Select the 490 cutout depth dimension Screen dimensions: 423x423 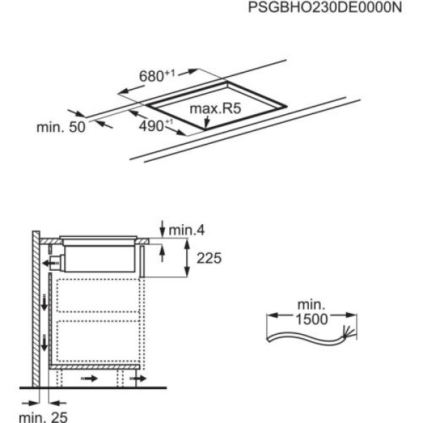(153, 124)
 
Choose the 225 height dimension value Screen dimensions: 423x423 (207, 259)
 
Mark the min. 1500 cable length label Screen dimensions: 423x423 (309, 312)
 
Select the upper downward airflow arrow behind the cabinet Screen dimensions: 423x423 (44, 302)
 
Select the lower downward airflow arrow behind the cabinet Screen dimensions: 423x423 (44, 343)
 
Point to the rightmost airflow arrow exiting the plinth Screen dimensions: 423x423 (137, 379)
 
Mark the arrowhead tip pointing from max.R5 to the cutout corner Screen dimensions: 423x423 (205, 129)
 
